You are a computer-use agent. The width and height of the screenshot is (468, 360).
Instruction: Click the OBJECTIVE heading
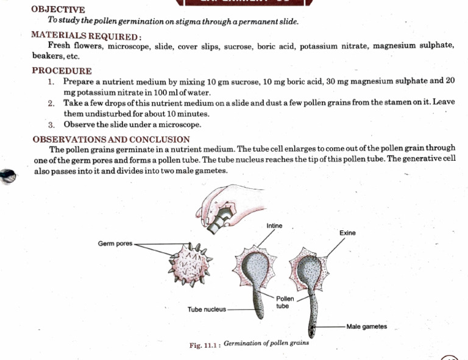click(x=58, y=10)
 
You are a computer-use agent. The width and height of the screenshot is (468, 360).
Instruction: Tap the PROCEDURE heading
click(x=62, y=71)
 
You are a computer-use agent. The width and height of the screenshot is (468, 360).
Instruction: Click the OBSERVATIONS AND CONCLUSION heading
click(x=111, y=139)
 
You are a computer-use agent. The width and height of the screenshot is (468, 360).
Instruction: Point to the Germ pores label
click(x=115, y=244)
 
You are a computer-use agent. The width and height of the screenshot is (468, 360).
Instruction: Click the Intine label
click(x=274, y=226)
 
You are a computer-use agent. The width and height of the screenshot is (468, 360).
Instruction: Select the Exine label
click(x=347, y=233)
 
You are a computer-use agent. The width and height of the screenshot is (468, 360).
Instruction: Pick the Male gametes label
click(x=366, y=326)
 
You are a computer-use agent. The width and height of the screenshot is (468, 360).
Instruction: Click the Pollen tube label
click(x=285, y=302)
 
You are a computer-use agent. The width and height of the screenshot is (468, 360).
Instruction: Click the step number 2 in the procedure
click(x=52, y=104)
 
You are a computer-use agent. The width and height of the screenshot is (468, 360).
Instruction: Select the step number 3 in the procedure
click(x=52, y=125)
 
